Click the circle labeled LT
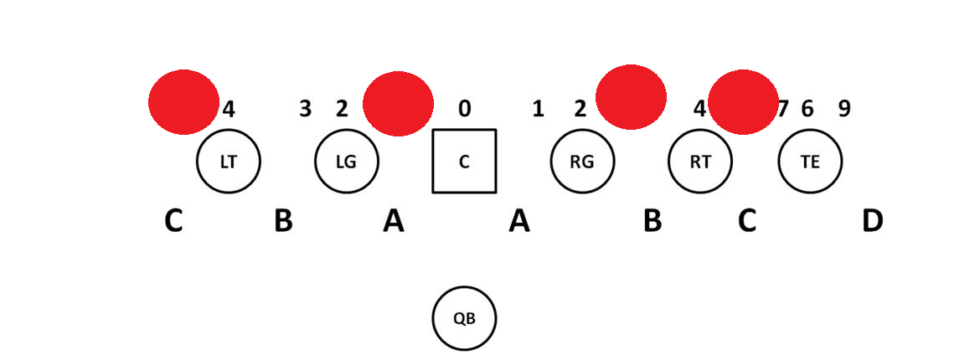coord(228,162)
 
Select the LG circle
coord(346,162)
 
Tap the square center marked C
coord(464,161)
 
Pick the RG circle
coord(582,162)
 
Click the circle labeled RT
coord(700,162)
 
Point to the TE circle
coord(810,162)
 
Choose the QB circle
coord(464,318)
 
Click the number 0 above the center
coord(464,108)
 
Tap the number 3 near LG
coord(306,108)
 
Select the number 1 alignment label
coord(539,108)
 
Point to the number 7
coord(783,108)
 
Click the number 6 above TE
coord(807,108)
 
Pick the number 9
coord(844,108)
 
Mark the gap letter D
coord(872,221)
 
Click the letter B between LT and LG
coord(283,221)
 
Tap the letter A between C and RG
coord(519,221)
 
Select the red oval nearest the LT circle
coord(183,101)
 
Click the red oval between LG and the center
coord(398,104)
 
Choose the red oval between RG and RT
coord(631,97)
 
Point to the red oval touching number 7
coord(743,102)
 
